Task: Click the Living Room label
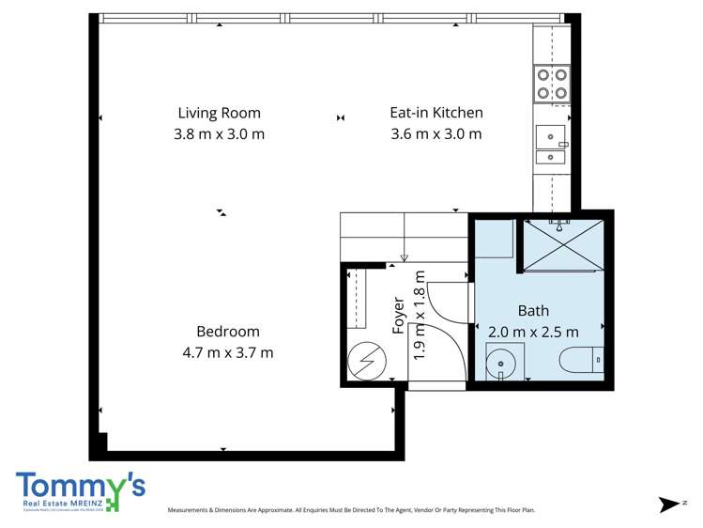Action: (219, 113)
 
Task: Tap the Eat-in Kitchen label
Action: (436, 113)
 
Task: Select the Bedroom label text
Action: (228, 332)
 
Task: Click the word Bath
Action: (533, 311)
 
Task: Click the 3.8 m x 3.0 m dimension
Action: (219, 134)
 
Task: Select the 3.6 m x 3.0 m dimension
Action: (436, 134)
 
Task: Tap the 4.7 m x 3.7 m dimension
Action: (228, 353)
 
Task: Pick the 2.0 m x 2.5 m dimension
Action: (533, 332)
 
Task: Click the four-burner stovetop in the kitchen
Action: (551, 84)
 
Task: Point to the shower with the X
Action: (562, 244)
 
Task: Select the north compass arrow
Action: (669, 505)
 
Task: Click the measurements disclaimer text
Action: (351, 510)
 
